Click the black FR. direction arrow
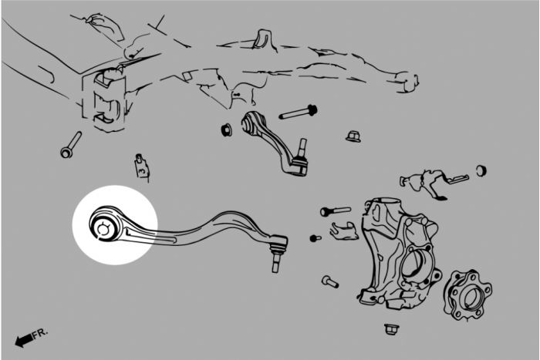(x=24, y=340)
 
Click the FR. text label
(x=40, y=334)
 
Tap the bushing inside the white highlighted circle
(x=103, y=227)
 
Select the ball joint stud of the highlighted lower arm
(x=275, y=261)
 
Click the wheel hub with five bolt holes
(x=468, y=295)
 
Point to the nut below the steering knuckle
(x=391, y=328)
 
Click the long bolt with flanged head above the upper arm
(x=299, y=113)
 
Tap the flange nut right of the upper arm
(x=353, y=136)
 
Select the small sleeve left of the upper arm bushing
(x=226, y=129)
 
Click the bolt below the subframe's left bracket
(x=71, y=145)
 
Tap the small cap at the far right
(x=481, y=170)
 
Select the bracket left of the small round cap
(x=434, y=183)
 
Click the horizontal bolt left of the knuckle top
(x=335, y=210)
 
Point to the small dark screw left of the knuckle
(x=315, y=238)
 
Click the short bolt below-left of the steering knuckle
(x=330, y=281)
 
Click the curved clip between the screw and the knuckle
(x=343, y=230)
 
